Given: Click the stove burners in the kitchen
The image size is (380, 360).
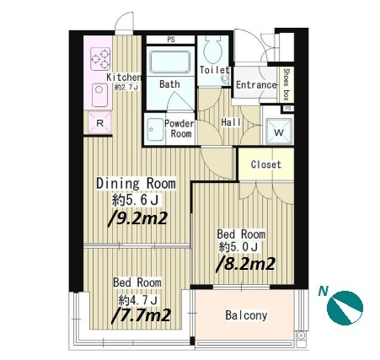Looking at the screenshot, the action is click(100, 59).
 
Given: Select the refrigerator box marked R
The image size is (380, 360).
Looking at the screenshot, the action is click(100, 123).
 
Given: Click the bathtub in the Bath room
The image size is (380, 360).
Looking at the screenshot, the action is click(170, 62).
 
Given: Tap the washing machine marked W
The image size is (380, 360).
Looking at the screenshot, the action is click(278, 132).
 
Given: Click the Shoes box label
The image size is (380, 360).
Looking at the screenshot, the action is click(286, 84).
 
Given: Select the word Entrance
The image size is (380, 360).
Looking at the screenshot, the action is click(256, 85).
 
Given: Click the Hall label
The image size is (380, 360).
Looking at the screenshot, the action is click(231, 122).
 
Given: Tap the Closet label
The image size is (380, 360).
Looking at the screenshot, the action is click(266, 164).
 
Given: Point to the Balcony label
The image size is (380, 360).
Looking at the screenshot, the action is click(246, 315).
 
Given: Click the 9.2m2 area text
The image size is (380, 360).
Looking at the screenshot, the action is click(137, 218).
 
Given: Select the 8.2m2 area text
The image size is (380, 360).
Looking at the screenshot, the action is click(245, 264).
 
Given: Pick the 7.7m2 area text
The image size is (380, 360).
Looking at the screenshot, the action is click(141, 315).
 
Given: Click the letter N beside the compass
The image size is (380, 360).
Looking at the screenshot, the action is click(324, 292).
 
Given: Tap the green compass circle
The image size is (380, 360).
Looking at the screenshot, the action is click(345, 308).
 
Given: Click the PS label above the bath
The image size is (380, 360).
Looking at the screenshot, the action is click(171, 40).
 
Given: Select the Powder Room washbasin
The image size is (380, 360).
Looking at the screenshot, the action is click(155, 130).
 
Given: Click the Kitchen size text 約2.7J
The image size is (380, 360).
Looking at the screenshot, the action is click(126, 88).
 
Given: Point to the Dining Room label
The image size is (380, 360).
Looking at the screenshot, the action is click(136, 184).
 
